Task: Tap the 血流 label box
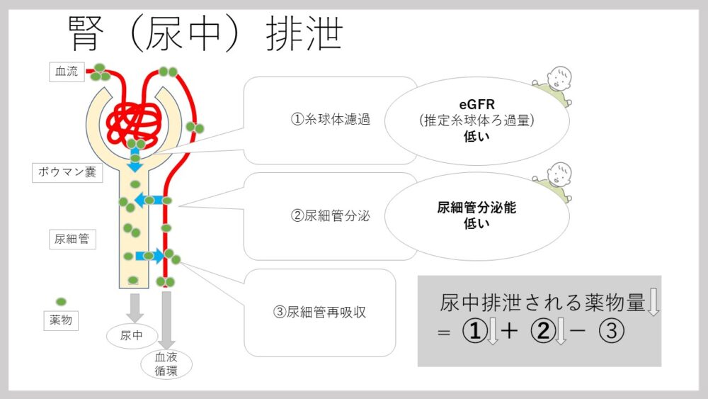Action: [67, 72]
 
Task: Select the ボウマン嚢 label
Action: [68, 172]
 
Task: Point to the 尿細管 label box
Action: [72, 239]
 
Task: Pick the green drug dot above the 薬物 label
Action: [61, 301]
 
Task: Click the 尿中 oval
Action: [132, 335]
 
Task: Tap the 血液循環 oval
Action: [166, 364]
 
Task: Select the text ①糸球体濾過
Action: [331, 119]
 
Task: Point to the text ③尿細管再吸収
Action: [320, 311]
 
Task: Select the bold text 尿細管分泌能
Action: [476, 208]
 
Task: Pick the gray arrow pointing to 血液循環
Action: [166, 319]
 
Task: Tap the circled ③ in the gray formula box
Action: [612, 332]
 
